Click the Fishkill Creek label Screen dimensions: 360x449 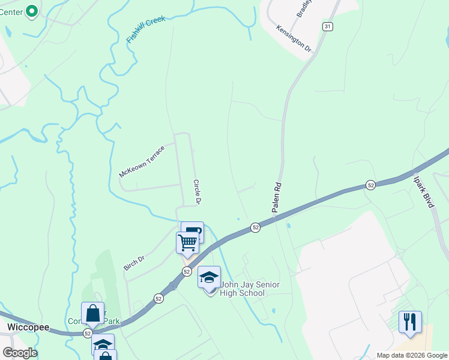coord(146,29)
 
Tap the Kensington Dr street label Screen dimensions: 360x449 coord(294,38)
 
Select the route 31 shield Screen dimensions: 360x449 coord(327,26)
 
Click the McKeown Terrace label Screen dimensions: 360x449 coord(142,160)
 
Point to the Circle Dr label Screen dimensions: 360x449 coord(196,192)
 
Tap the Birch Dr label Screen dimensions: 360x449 coord(134,263)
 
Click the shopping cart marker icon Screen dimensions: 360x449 coord(187,243)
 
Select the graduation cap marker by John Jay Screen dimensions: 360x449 coord(209,277)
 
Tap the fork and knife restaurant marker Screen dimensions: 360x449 coord(410,321)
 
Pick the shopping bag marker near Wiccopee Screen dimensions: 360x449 coord(92,313)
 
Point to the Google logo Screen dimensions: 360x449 coord(20,353)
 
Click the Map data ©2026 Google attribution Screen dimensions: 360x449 coord(411,355)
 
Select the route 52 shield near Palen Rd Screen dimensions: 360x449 coord(256,227)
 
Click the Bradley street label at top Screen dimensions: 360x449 coord(304,8)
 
